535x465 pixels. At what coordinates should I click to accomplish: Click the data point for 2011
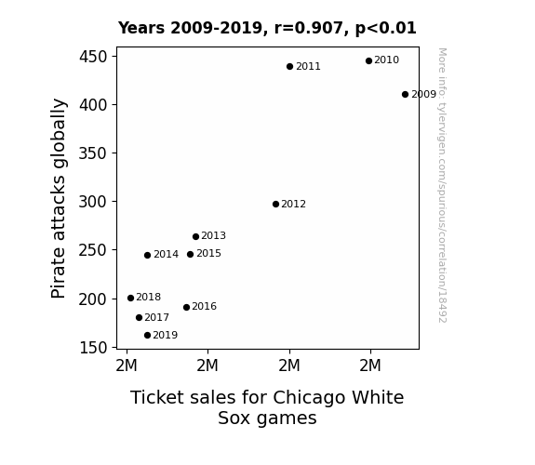(x=289, y=67)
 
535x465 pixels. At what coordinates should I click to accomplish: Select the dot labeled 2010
(x=368, y=61)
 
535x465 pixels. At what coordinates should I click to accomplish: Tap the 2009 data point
(x=405, y=95)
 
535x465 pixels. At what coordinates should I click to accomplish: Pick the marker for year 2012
(x=275, y=205)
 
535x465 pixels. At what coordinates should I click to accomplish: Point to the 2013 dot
(x=195, y=237)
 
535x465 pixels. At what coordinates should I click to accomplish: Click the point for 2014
(x=147, y=256)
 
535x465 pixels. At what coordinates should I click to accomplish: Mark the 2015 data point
(x=191, y=255)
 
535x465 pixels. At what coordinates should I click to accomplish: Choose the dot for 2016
(x=186, y=308)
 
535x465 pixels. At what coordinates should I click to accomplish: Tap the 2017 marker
(x=139, y=318)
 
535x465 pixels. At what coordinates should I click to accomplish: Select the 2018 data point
(x=130, y=299)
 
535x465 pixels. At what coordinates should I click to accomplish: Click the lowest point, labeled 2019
(x=147, y=336)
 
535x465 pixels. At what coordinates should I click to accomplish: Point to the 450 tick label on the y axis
(x=93, y=57)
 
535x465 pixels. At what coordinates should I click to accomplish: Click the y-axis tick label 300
(x=93, y=202)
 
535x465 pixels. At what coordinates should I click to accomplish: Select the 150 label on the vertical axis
(x=93, y=348)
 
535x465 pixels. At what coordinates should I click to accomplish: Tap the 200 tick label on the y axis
(x=93, y=299)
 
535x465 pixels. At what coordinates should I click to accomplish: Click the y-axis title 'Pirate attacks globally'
(x=59, y=198)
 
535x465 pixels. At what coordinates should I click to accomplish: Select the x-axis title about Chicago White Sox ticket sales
(x=267, y=407)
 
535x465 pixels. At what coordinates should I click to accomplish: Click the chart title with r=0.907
(x=267, y=28)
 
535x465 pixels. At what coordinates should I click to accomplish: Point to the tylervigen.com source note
(x=443, y=185)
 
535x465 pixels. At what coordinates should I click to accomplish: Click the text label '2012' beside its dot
(x=293, y=204)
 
